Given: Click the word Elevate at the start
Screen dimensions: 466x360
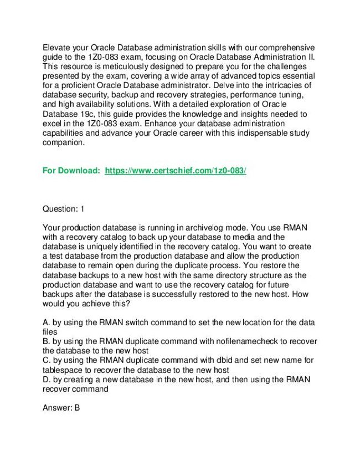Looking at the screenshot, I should tap(57, 48).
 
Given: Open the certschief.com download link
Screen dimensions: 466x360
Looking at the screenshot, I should tap(175, 171).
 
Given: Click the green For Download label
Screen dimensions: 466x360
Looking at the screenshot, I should tap(71, 171).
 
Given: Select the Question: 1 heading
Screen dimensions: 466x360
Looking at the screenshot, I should tap(64, 209).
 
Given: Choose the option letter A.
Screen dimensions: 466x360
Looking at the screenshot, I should tap(45, 322).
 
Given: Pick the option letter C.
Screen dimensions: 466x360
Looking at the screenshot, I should tap(45, 360).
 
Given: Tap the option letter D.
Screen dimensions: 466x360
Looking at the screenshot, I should tap(45, 379).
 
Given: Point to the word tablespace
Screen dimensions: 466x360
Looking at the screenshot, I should tap(62, 370).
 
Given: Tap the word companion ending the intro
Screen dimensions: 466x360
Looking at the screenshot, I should tap(64, 142).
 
